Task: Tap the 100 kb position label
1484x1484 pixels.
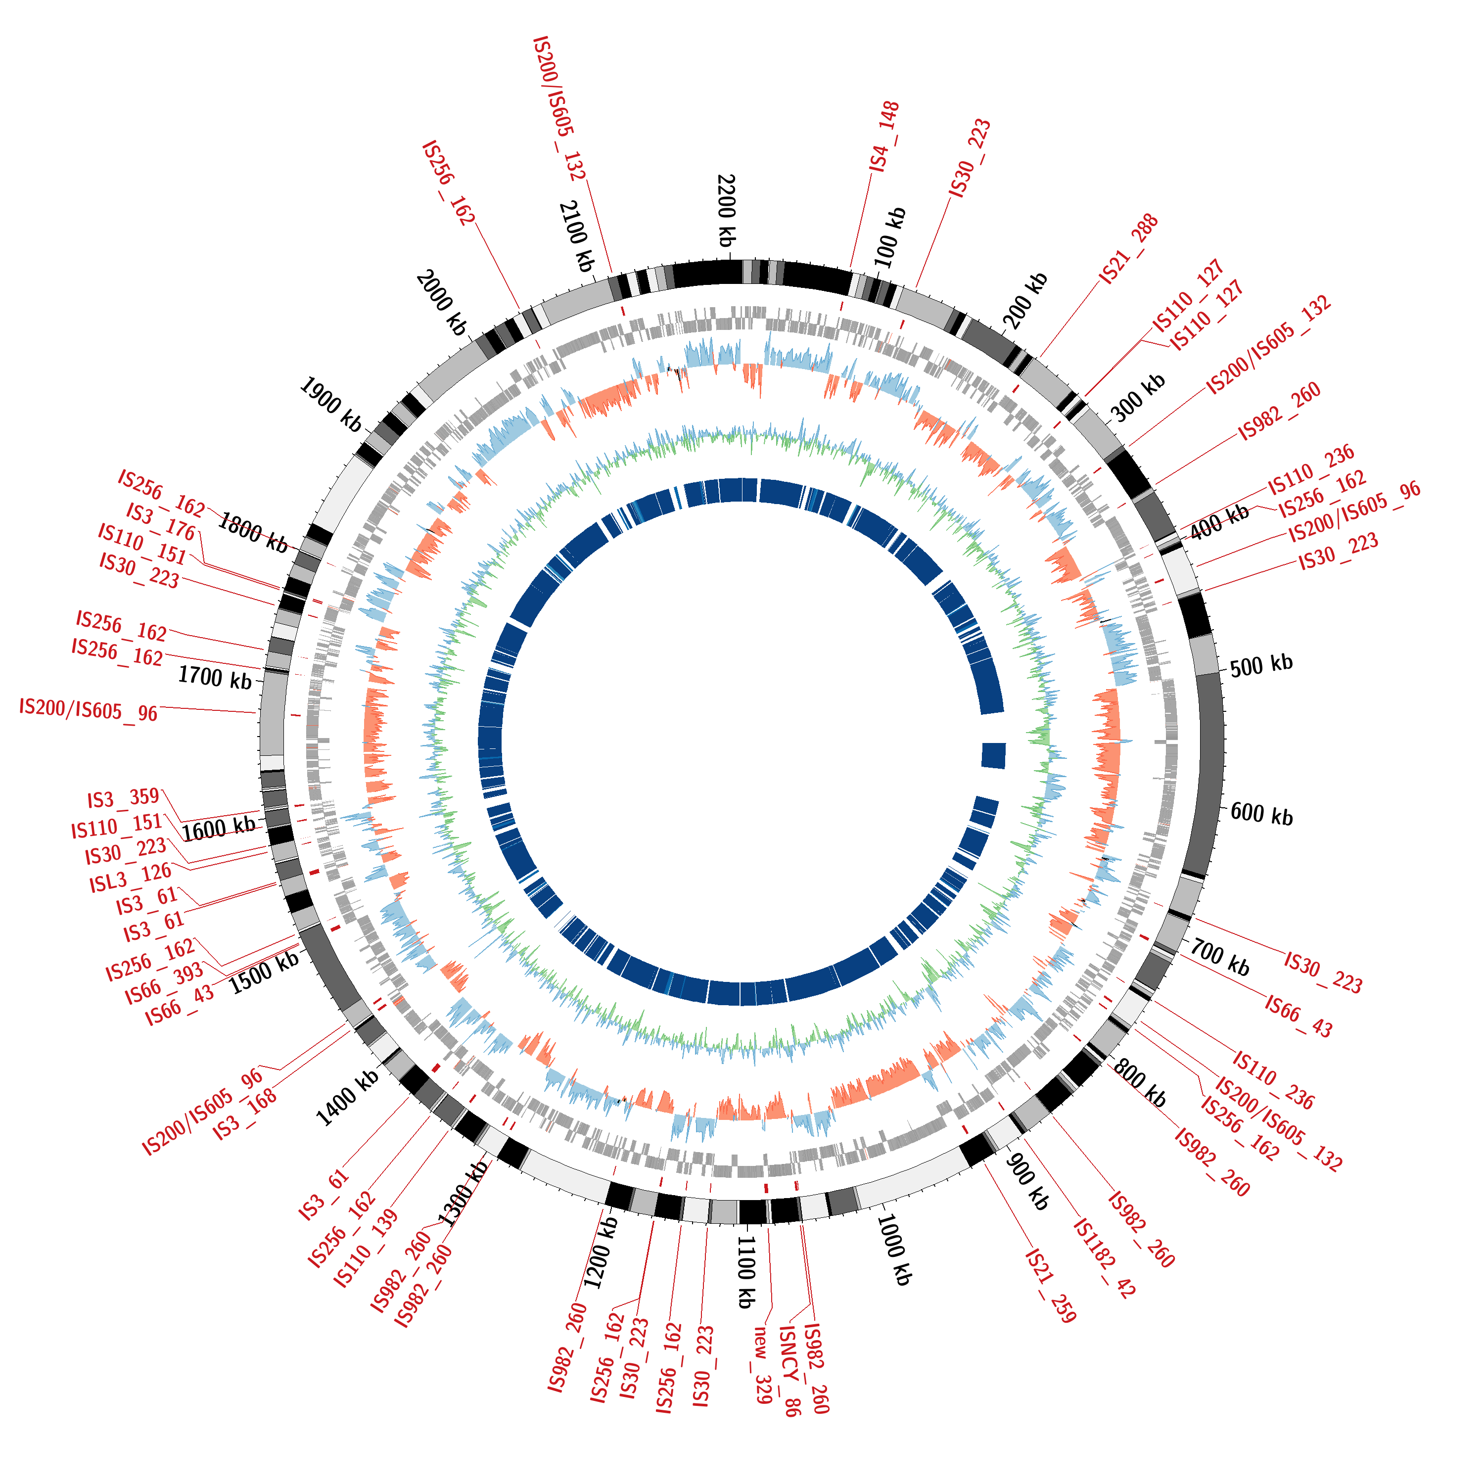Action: tap(890, 237)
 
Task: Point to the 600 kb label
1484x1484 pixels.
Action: tap(1261, 814)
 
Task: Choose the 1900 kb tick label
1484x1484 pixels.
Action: tap(330, 404)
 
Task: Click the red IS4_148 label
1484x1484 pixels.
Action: tap(884, 136)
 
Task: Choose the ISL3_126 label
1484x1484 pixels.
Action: tap(130, 878)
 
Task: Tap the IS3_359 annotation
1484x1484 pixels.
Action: tap(123, 799)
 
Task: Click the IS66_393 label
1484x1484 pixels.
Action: tap(164, 983)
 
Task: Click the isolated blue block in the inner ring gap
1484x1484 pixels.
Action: tap(993, 755)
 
